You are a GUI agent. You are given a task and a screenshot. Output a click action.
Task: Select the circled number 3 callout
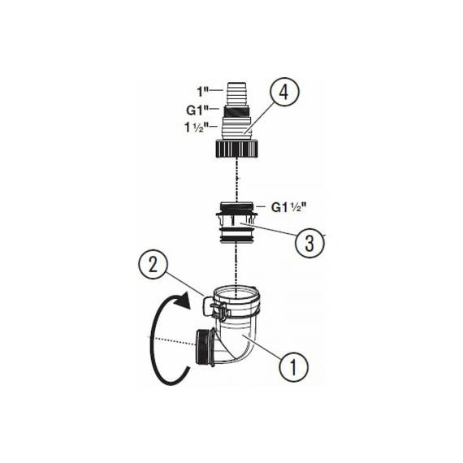pos(309,243)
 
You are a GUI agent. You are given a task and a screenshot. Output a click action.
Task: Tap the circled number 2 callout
pos(154,265)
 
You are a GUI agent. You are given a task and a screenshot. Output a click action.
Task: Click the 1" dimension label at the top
pos(203,92)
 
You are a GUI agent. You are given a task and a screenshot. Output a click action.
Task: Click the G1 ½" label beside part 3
pos(286,208)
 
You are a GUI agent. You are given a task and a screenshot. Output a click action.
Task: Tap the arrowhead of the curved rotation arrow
pos(182,300)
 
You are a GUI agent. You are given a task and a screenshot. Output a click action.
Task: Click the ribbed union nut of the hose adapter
pos(237,149)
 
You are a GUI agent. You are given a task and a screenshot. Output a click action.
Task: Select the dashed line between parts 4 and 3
pos(238,180)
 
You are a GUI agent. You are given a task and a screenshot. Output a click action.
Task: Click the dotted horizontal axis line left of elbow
pos(171,340)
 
